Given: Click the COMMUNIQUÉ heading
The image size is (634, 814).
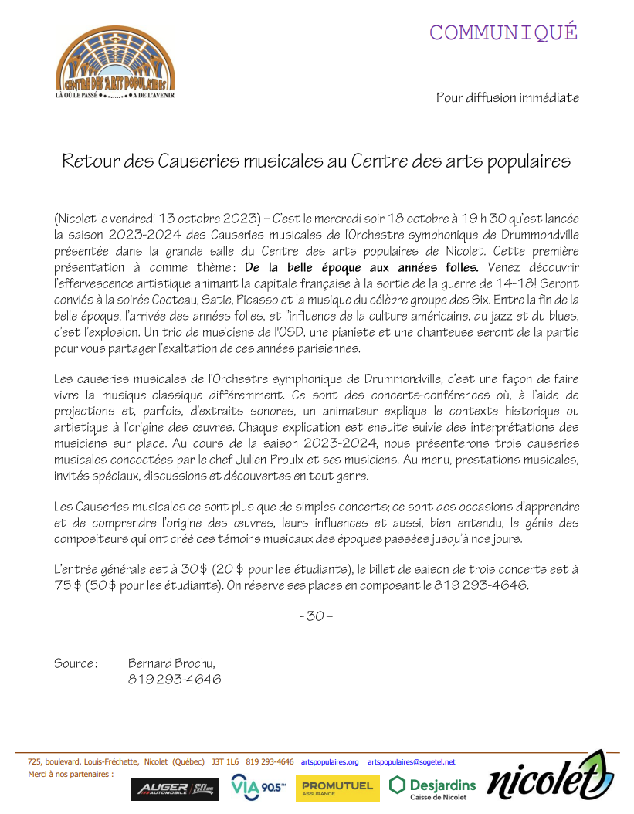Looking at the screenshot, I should tap(503, 32).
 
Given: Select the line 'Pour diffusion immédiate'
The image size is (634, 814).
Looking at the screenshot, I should tap(507, 97).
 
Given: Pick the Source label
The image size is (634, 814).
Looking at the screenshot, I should tap(75, 663).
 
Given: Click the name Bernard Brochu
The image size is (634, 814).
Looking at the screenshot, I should tap(171, 663).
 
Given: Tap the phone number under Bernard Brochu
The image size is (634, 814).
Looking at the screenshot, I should tap(175, 680).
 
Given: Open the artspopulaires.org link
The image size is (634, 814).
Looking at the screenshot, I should tap(330, 761).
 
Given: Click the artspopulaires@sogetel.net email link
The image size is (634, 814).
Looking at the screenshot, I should tap(412, 761).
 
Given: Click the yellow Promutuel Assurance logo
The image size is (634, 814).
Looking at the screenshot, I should tap(337, 788).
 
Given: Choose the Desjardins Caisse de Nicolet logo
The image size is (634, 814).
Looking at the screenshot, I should tap(432, 788).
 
